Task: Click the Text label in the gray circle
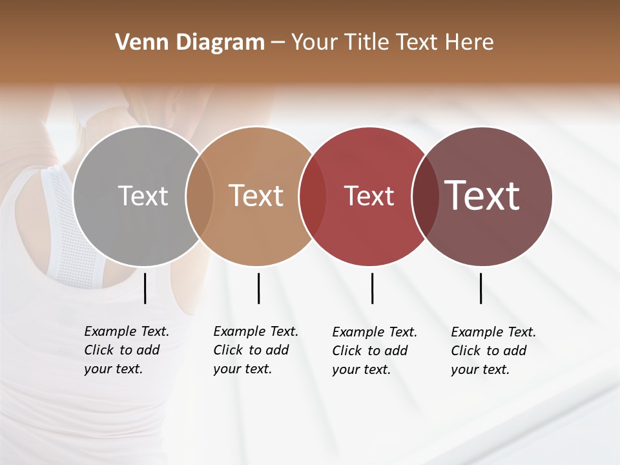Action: tap(143, 196)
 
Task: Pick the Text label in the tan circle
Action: tap(256, 196)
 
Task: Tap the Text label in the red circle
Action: tap(369, 196)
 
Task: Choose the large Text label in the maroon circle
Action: tap(482, 196)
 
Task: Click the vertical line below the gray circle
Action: tap(145, 288)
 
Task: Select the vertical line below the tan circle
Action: tap(258, 288)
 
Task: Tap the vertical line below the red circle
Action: tap(372, 288)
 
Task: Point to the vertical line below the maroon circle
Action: tap(481, 288)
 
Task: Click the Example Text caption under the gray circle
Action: tap(127, 350)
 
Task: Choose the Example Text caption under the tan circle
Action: tap(256, 350)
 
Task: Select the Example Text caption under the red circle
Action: tap(375, 351)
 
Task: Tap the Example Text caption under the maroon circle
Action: tap(493, 351)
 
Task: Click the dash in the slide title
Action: tap(278, 43)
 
